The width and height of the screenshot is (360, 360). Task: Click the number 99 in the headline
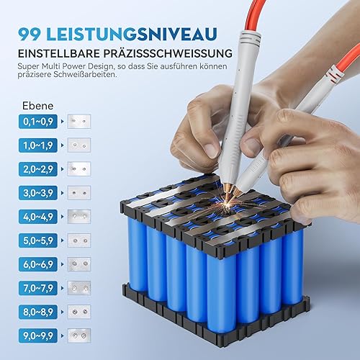pos(30,34)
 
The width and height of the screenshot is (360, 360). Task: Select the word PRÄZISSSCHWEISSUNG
pos(168,53)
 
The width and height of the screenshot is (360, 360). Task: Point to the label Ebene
pos(37,106)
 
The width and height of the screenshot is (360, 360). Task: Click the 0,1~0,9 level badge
pos(38,122)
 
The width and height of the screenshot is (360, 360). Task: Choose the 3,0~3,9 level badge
pos(38,193)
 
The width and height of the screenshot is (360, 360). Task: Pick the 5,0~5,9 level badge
pos(38,240)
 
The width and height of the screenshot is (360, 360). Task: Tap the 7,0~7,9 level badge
pos(38,288)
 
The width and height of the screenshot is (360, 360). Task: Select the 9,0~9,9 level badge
pos(38,336)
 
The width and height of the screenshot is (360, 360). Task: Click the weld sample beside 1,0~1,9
pos(79,145)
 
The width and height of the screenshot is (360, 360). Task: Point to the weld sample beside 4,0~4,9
pos(79,217)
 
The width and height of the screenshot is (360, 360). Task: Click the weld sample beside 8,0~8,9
pos(79,312)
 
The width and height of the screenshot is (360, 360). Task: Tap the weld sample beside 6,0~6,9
pos(79,264)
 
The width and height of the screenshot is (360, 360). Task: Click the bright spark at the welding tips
pos(227,204)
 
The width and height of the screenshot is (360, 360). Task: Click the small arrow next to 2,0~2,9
pos(63,169)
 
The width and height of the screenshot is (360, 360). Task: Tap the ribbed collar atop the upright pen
pos(251,38)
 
